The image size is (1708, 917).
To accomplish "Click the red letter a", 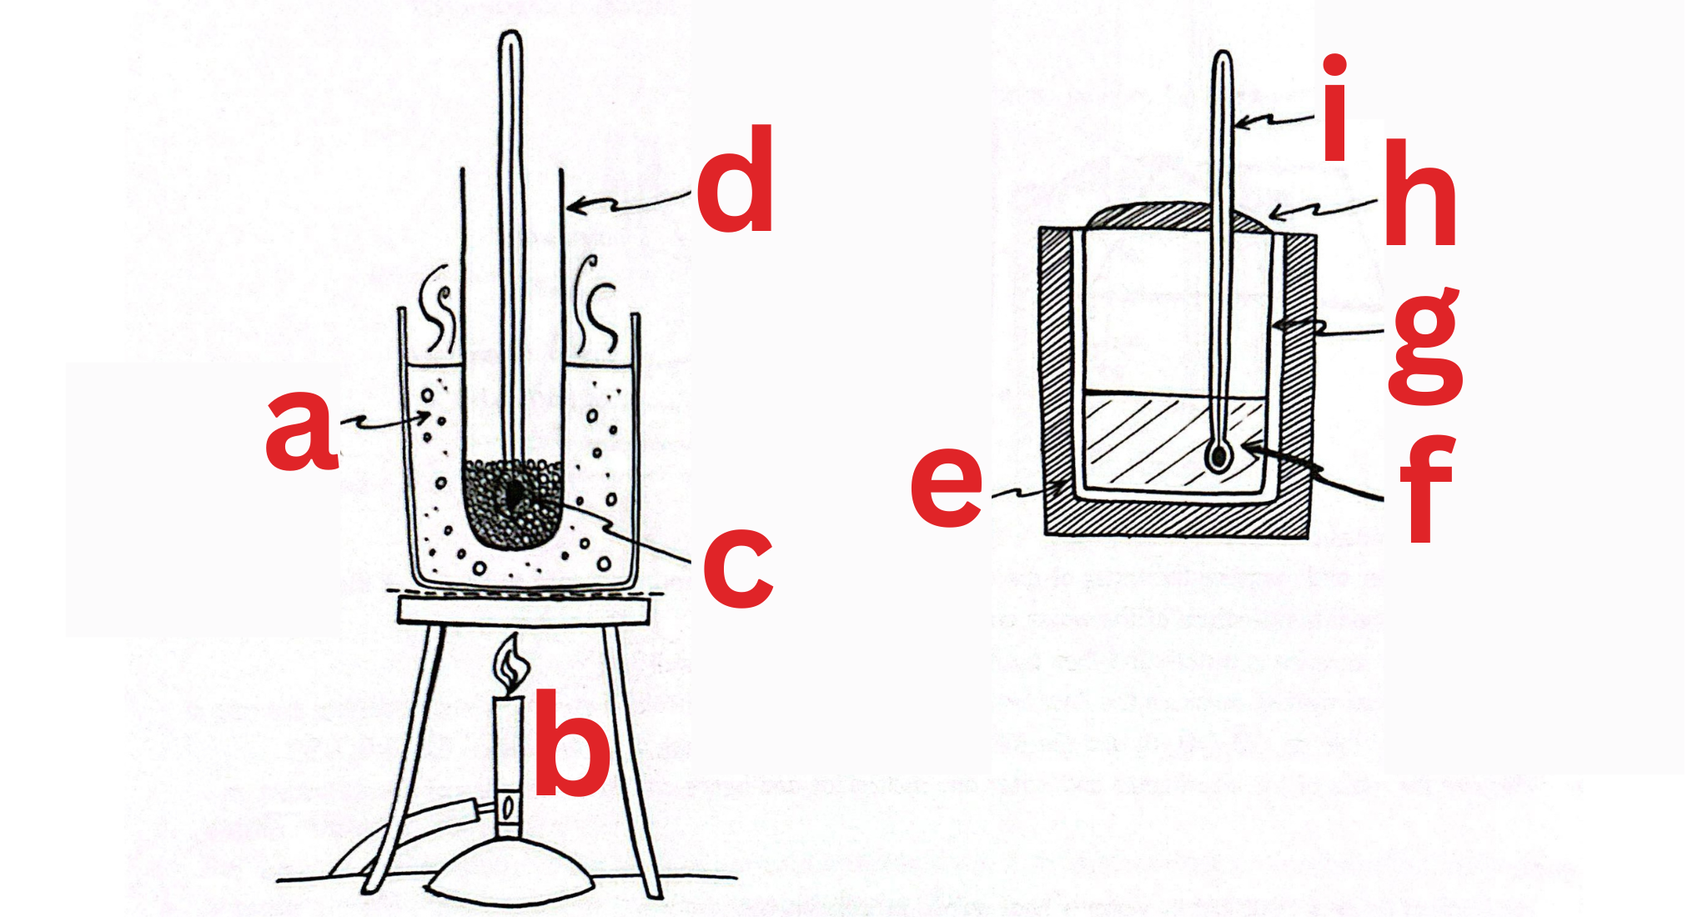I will coord(300,433).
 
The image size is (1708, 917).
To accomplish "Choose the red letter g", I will coord(1424,346).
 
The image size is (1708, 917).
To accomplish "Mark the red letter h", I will coord(1420,196).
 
